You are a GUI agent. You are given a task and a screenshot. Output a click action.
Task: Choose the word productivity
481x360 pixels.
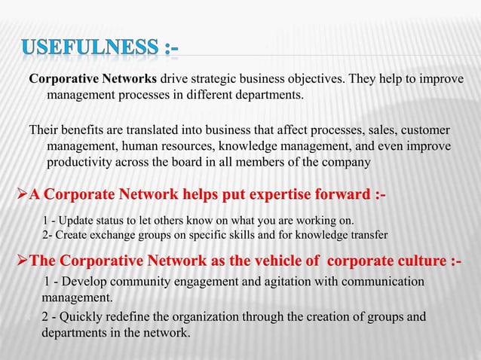[81, 162]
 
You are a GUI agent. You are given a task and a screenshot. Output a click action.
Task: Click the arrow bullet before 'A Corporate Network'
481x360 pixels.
[11, 197]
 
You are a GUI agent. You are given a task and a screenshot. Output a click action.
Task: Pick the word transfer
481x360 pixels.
[367, 235]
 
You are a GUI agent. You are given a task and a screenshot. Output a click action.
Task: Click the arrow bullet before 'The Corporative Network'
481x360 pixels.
[11, 261]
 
